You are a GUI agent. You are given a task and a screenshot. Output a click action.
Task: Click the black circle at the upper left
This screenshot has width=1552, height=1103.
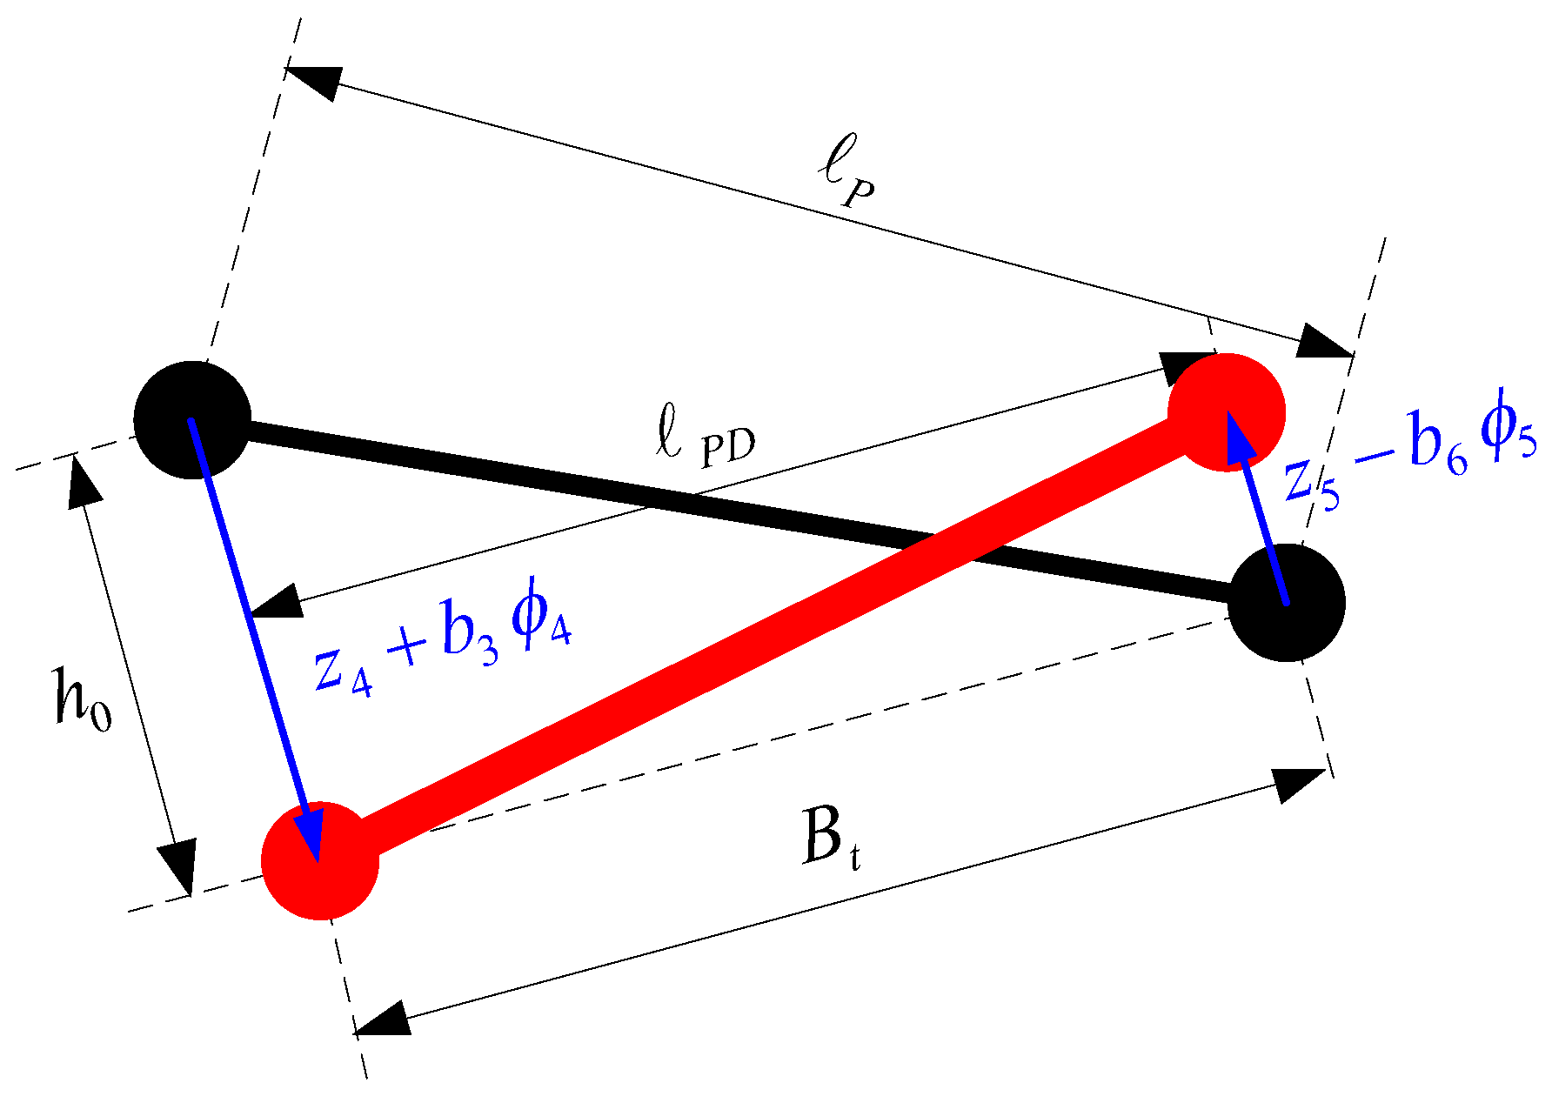point(192,420)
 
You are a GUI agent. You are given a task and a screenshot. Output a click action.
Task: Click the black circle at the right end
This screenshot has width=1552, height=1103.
point(1287,603)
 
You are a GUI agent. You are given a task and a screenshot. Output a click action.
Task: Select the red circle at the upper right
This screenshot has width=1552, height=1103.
point(1226,412)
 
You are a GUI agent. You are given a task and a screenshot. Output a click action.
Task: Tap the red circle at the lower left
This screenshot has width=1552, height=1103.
point(320,860)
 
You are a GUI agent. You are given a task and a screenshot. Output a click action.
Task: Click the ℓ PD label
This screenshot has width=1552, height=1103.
point(705,440)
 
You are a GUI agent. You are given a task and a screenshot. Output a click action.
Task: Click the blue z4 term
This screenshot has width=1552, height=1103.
point(344,671)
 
